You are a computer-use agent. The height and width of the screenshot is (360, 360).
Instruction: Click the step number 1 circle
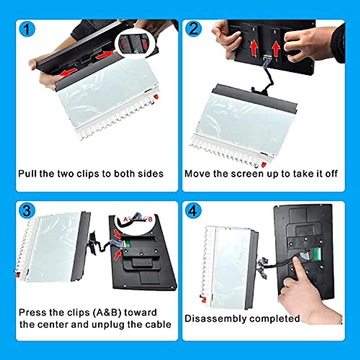pyautogui.click(x=27, y=29)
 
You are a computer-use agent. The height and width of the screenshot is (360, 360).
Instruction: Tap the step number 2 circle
pyautogui.click(x=193, y=29)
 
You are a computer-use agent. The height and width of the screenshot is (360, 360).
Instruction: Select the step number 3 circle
pyautogui.click(x=27, y=211)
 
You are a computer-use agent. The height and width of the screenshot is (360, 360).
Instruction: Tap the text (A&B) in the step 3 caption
pyautogui.click(x=107, y=313)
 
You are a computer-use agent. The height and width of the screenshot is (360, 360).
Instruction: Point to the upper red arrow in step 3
pyautogui.click(x=117, y=234)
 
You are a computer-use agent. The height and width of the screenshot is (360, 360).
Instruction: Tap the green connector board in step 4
pyautogui.click(x=317, y=254)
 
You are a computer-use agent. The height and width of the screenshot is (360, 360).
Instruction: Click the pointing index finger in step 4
pyautogui.click(x=297, y=264)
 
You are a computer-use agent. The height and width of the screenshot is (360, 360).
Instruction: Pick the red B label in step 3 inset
pyautogui.click(x=150, y=219)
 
